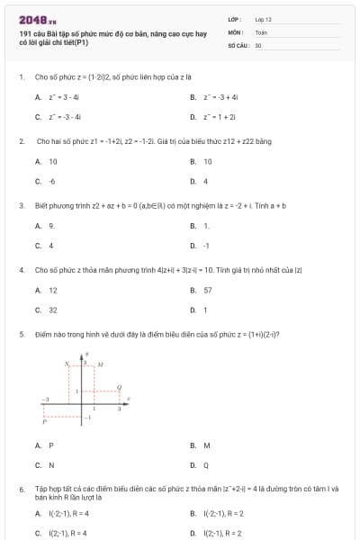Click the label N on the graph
(66, 364)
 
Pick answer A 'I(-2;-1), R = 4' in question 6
(62, 513)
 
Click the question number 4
(21, 269)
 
